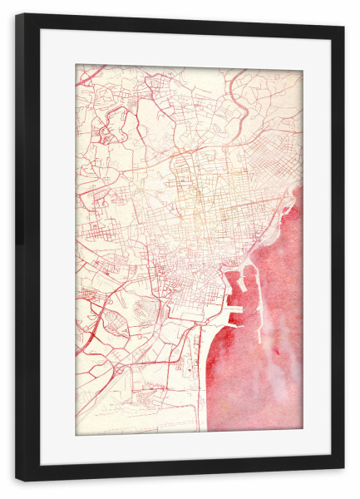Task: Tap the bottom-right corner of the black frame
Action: pos(343,481)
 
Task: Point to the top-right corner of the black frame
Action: pos(343,24)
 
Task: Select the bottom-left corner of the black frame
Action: pos(17,481)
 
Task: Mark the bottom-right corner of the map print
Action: pos(302,433)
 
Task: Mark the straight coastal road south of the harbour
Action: pos(200,374)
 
